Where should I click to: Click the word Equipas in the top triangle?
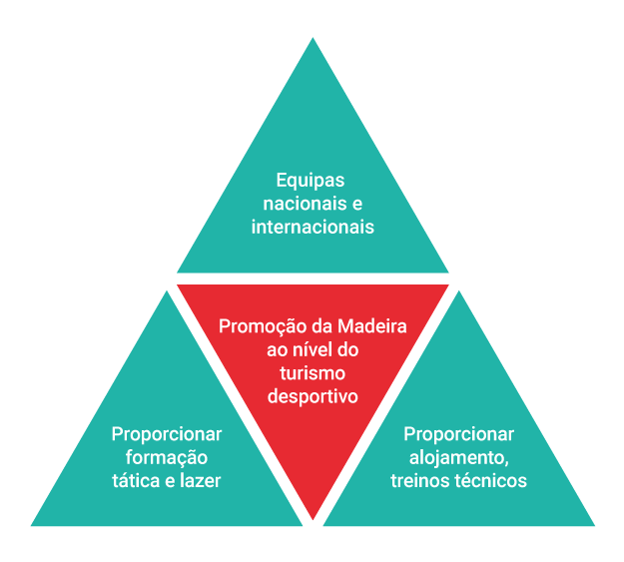pyautogui.click(x=311, y=181)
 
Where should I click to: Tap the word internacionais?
pyautogui.click(x=312, y=227)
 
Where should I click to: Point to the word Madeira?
pyautogui.click(x=371, y=326)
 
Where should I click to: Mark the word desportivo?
pyautogui.click(x=312, y=396)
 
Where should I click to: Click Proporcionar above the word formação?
pyautogui.click(x=167, y=434)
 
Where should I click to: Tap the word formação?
pyautogui.click(x=167, y=457)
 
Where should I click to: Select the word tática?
pyautogui.click(x=137, y=480)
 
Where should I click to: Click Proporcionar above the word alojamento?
pyautogui.click(x=458, y=434)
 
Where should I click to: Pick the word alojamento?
pyautogui.click(x=458, y=457)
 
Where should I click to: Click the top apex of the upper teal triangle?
pyautogui.click(x=312, y=39)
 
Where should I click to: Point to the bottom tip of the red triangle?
pyautogui.click(x=313, y=519)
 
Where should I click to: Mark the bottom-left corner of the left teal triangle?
pyautogui.click(x=32, y=525)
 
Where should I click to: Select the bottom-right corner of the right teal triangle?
pyautogui.click(x=594, y=525)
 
